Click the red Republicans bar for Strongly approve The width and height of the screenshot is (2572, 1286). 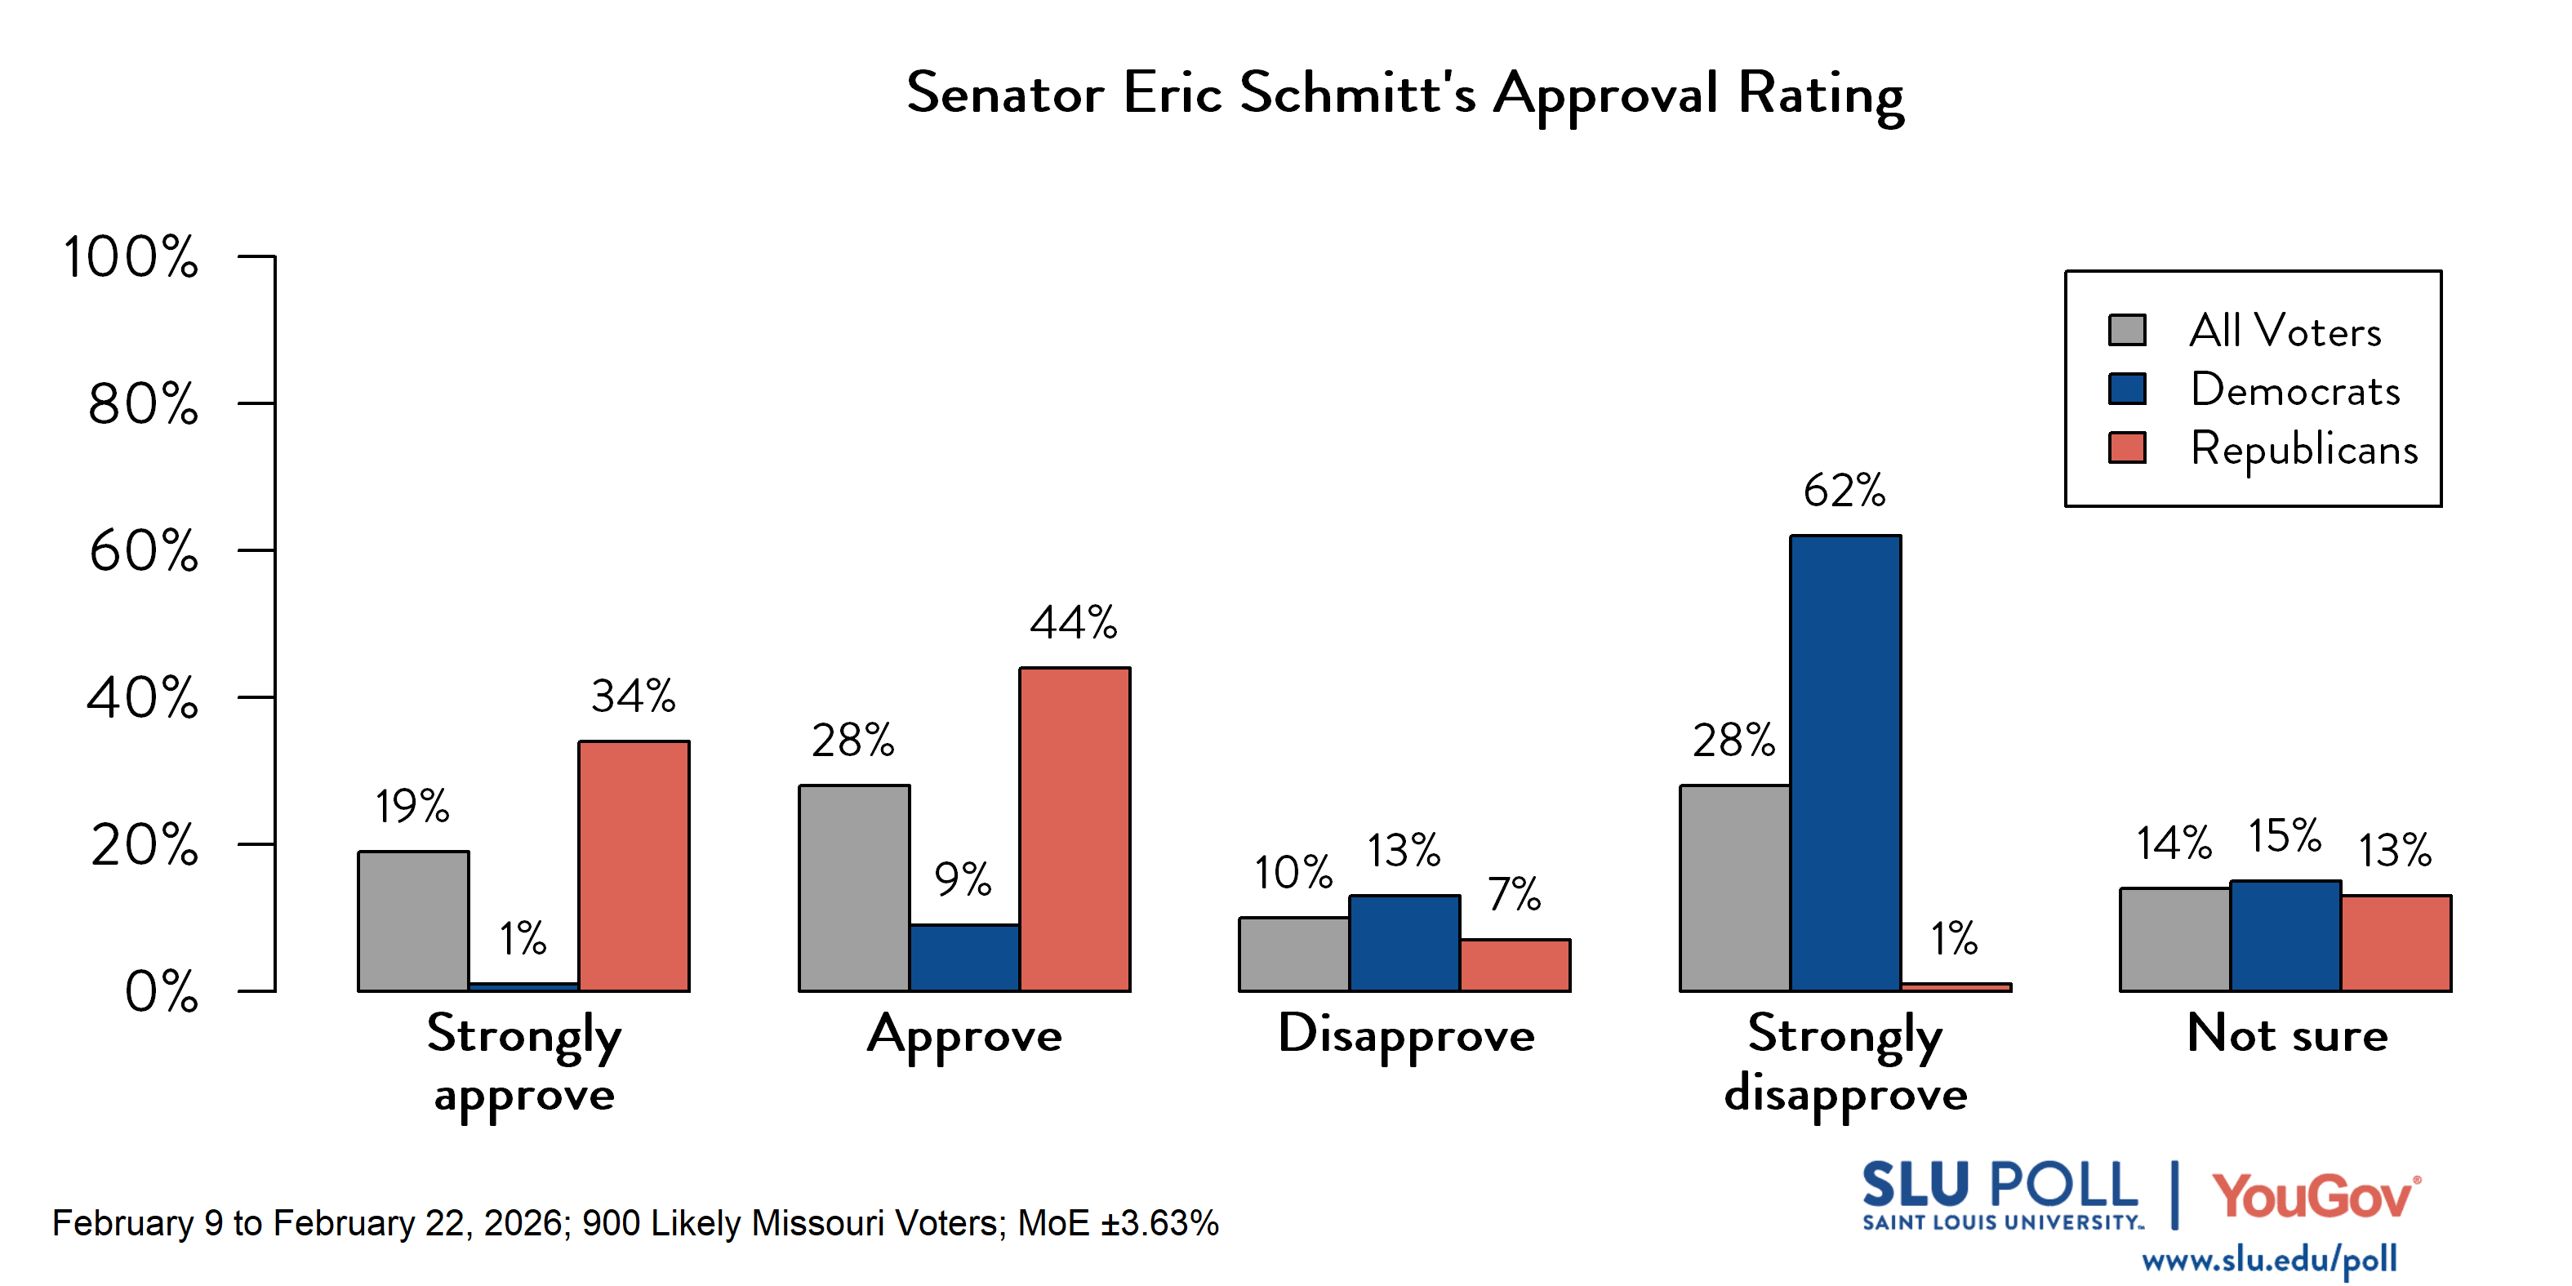(634, 866)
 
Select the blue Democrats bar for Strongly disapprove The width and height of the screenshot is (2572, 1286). (1845, 763)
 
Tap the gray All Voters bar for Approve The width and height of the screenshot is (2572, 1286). (854, 888)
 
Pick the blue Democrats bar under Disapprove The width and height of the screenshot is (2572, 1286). (1404, 944)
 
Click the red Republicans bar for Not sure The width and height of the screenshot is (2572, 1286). (2396, 944)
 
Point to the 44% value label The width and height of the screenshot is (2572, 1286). (1074, 622)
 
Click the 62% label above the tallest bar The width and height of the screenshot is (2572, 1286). (1844, 490)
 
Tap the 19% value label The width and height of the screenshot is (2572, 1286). (412, 806)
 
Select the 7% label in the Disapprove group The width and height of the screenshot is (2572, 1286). (1514, 893)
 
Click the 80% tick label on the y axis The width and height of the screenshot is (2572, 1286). (143, 404)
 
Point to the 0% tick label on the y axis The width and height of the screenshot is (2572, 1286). (161, 991)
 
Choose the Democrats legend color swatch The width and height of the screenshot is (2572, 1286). (2127, 389)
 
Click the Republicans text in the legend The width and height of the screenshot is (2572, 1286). (2303, 448)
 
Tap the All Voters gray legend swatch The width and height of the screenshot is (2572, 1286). (2127, 330)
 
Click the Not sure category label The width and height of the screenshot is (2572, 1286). (2286, 1034)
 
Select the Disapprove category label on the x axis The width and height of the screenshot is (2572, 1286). (1406, 1035)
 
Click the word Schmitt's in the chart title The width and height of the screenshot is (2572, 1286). (1357, 93)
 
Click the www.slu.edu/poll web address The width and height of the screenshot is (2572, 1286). (2268, 1259)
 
